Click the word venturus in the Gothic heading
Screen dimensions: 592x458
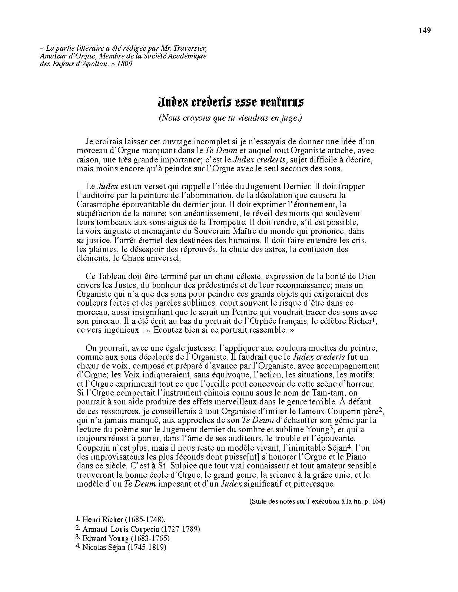point(282,101)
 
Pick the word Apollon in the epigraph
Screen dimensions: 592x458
point(93,64)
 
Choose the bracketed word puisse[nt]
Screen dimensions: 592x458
point(255,457)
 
